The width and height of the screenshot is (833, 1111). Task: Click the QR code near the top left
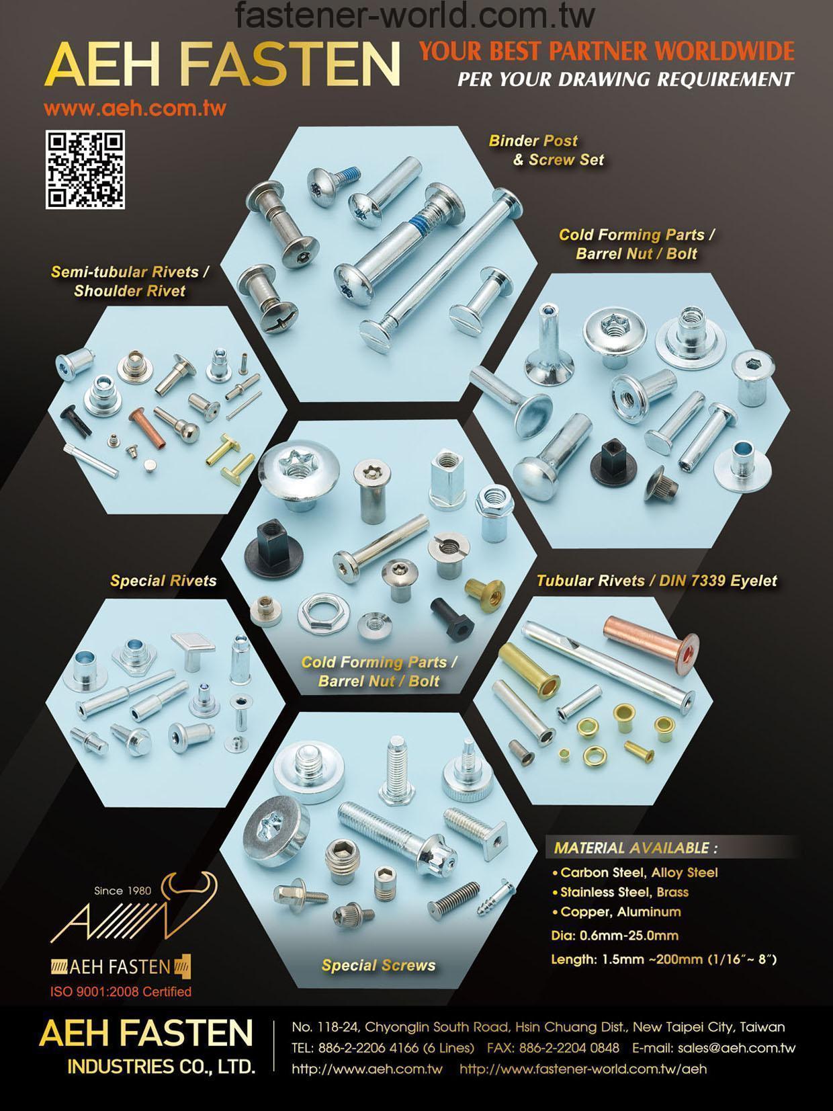pos(85,169)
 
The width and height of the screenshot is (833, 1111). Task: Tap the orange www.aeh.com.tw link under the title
pos(135,108)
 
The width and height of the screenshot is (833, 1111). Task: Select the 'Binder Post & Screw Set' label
pos(546,150)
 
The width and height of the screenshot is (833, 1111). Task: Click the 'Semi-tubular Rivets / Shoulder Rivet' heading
pos(130,282)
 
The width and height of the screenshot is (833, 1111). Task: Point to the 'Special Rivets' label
pos(163,580)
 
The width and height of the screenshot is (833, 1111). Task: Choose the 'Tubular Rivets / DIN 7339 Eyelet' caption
pos(656,580)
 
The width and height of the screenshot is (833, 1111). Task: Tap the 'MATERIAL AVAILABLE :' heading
pos(635,848)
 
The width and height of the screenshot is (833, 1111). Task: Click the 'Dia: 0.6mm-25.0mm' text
pos(615,935)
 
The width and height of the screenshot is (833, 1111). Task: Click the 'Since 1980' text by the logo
pos(122,891)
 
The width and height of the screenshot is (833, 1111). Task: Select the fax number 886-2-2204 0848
pos(569,1048)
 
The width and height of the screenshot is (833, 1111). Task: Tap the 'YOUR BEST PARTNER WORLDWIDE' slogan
pos(607,51)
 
